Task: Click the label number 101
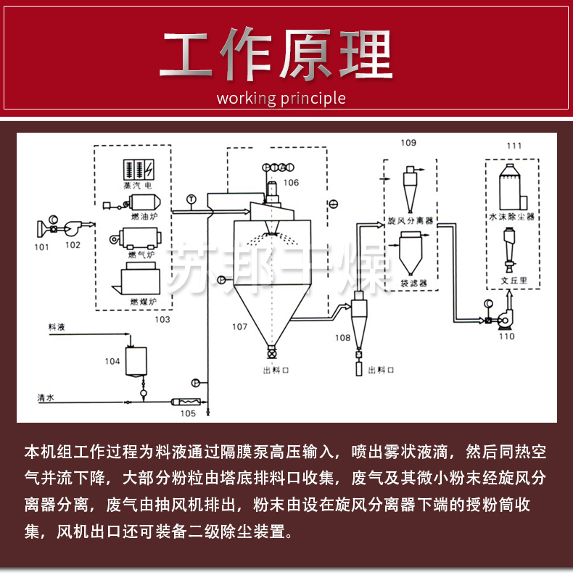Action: (41, 247)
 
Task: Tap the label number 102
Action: (73, 245)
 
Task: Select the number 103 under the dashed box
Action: (161, 318)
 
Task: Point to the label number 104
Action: (112, 360)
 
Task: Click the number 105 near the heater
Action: (188, 413)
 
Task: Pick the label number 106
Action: (291, 183)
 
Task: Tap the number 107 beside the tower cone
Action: (240, 326)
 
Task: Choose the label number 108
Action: (342, 337)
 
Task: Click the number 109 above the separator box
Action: (408, 144)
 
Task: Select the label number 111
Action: (514, 146)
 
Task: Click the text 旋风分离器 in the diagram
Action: (411, 220)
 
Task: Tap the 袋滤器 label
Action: (413, 282)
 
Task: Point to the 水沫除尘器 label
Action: (512, 216)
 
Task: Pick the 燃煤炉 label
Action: (143, 301)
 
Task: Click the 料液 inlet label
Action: (57, 328)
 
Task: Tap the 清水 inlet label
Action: (47, 397)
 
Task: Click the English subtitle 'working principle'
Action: (281, 99)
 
